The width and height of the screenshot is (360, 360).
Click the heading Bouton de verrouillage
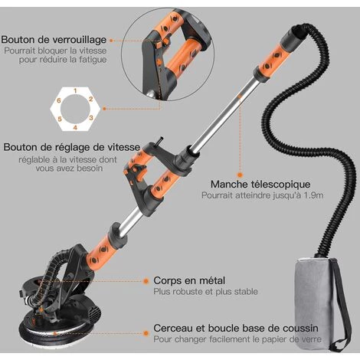[54, 40]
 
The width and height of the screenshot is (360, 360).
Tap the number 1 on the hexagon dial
[75, 91]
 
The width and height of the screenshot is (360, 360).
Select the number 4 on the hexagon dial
[75, 127]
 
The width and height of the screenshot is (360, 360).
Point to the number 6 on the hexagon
[59, 100]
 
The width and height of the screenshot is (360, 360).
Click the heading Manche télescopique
[260, 184]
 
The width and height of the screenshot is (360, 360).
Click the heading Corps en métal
[189, 280]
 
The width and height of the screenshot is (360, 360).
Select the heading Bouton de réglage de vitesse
[72, 147]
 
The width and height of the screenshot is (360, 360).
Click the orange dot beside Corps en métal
[146, 281]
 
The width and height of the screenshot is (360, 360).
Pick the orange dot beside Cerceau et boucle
[146, 333]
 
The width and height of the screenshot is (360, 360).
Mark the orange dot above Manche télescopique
[240, 175]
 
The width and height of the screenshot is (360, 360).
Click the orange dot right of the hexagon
[104, 109]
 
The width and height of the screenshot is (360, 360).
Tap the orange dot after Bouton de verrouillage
[111, 40]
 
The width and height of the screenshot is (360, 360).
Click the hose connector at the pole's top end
[293, 37]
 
